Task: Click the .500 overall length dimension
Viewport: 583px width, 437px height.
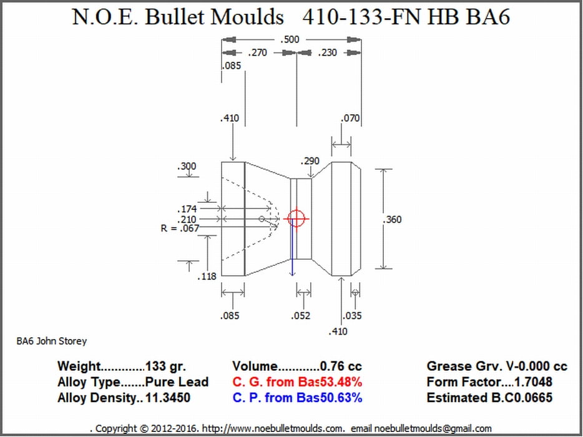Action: coord(290,39)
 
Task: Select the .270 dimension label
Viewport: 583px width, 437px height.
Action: coord(257,52)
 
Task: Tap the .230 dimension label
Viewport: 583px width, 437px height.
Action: coord(327,52)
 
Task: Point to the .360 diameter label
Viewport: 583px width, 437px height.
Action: coord(392,219)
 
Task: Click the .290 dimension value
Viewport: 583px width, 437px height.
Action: coord(310,161)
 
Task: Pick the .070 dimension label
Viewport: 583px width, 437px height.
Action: coord(350,118)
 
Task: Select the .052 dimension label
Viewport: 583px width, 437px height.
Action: coord(300,316)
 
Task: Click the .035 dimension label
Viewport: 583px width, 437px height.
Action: coord(351,316)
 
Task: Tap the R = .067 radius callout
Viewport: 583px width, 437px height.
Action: coord(180,228)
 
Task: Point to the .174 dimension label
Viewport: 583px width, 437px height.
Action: coord(187,209)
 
